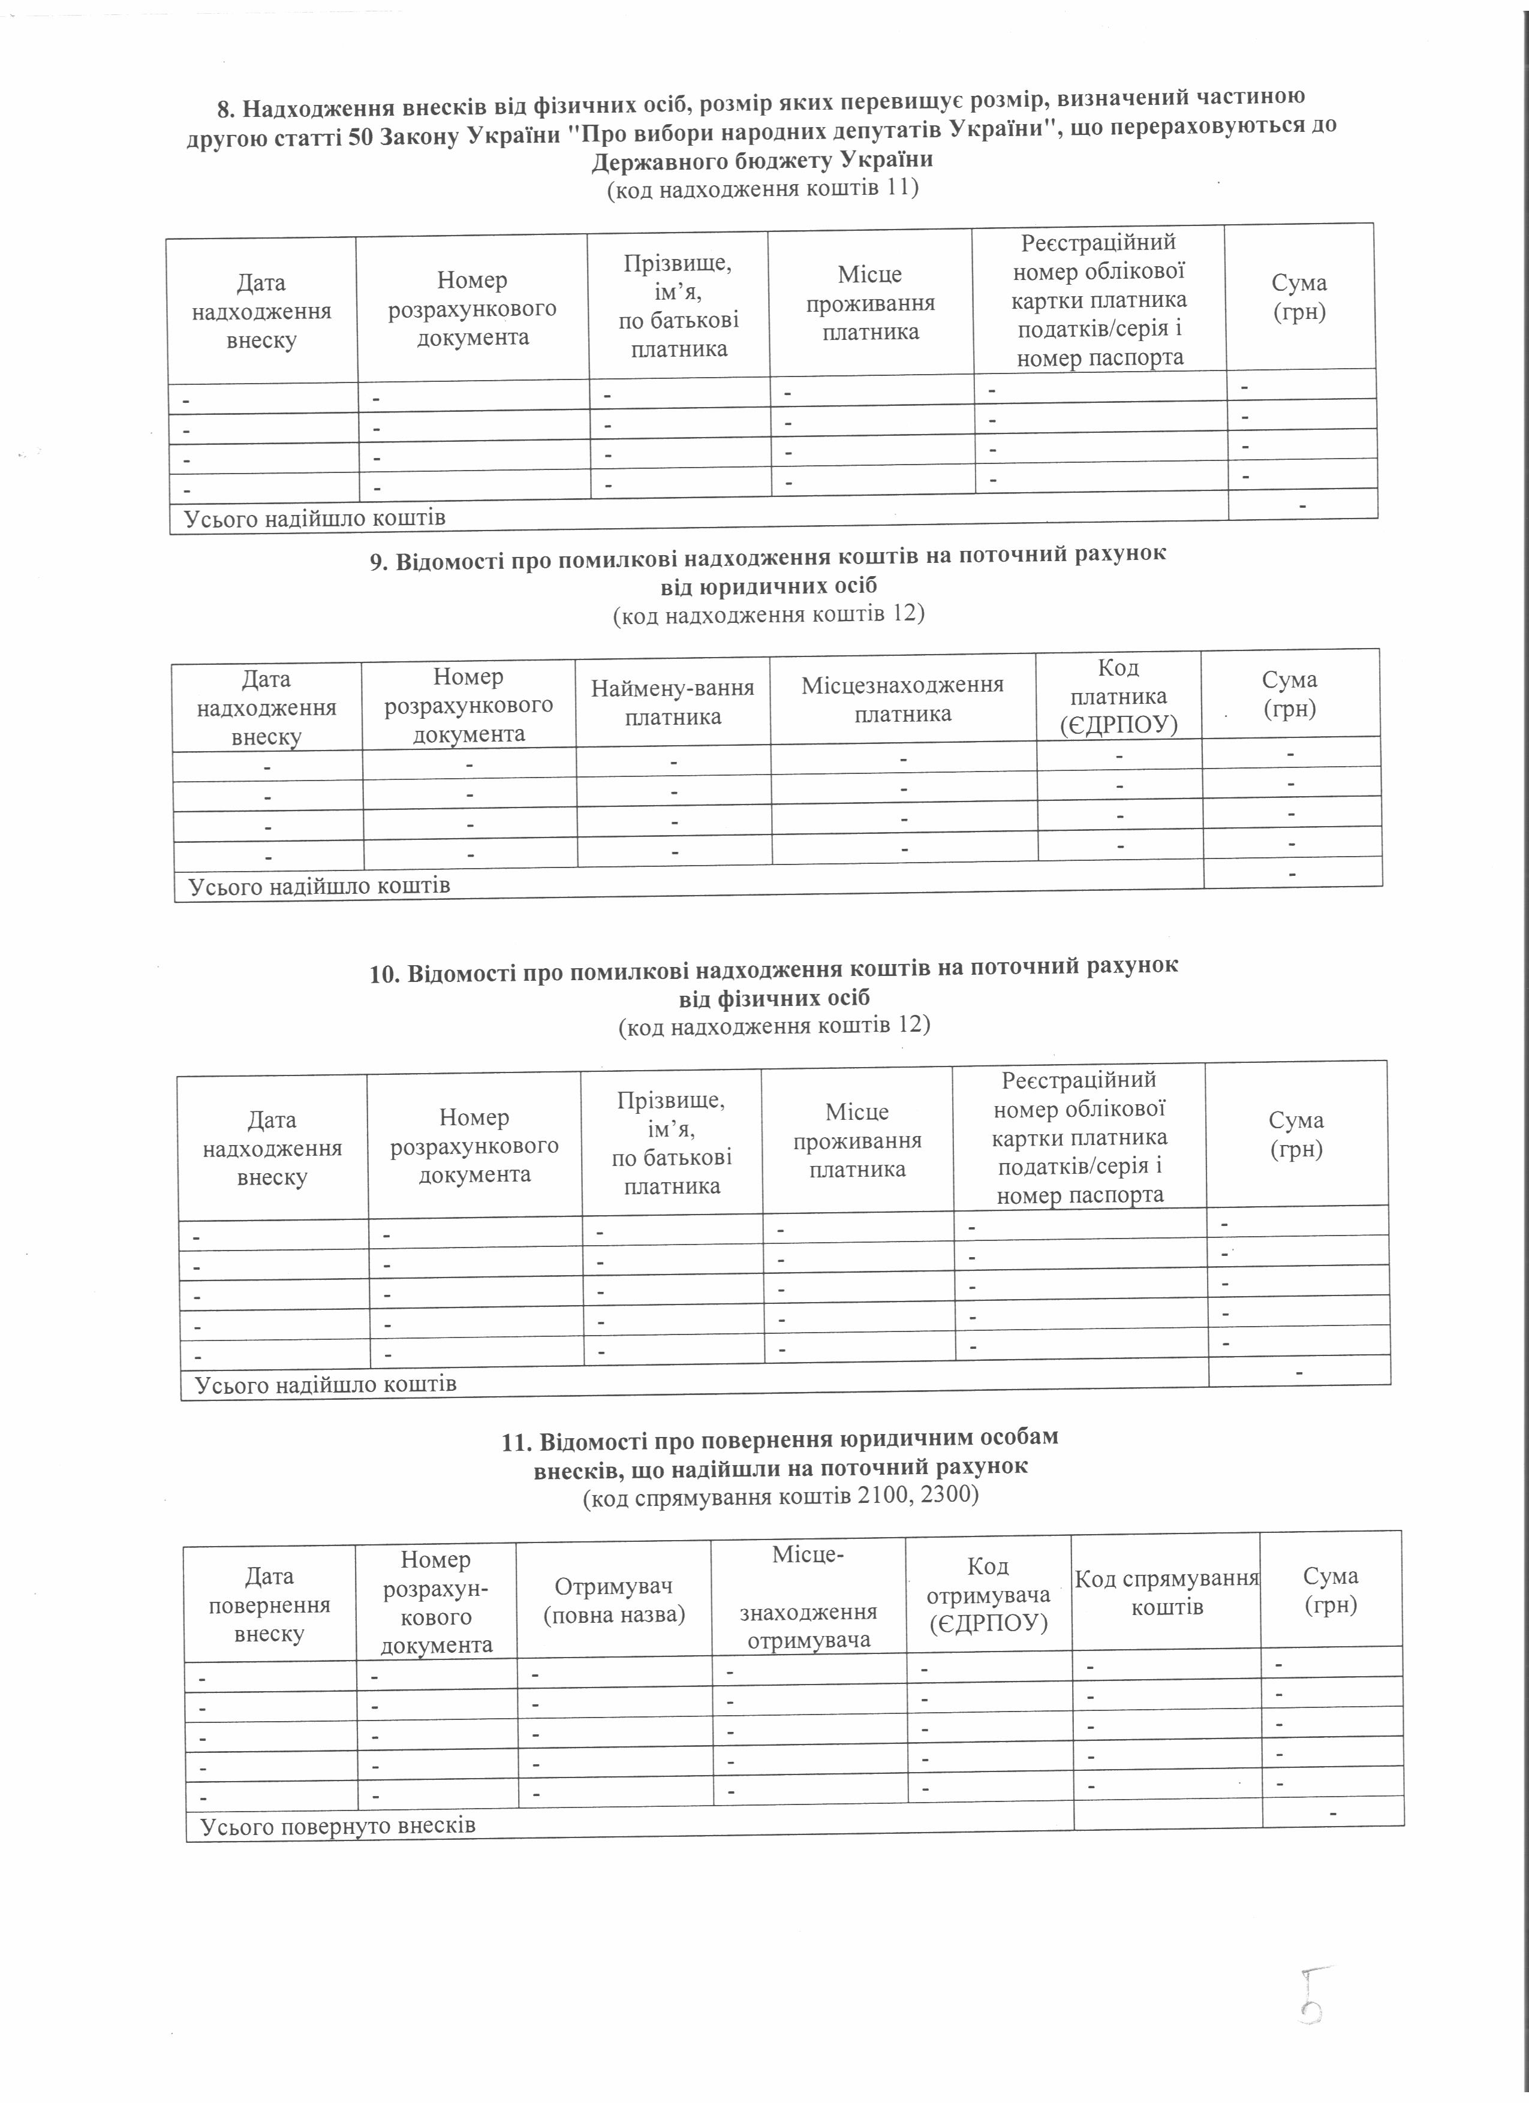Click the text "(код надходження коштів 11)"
[x=762, y=190]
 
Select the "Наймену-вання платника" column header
[x=673, y=702]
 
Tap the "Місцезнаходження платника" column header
[x=902, y=699]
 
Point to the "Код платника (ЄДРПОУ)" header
[x=1118, y=697]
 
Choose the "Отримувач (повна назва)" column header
[x=614, y=1601]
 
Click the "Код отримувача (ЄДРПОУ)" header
[x=988, y=1595]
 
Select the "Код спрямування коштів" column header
[x=1166, y=1592]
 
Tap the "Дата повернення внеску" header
[x=270, y=1604]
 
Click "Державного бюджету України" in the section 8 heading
[x=762, y=159]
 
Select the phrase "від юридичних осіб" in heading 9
[x=769, y=586]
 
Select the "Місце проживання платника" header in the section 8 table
[x=871, y=303]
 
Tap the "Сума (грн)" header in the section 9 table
[x=1290, y=694]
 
